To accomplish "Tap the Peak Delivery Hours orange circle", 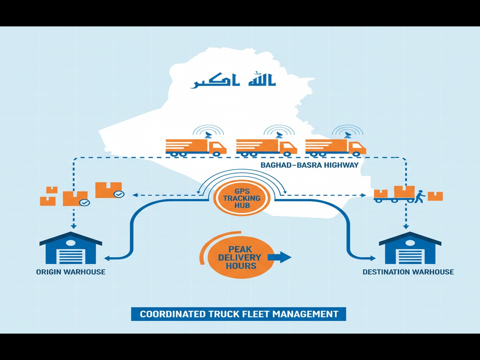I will click(x=239, y=257).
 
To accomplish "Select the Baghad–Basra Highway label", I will click(x=309, y=165).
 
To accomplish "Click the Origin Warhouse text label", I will click(x=71, y=272).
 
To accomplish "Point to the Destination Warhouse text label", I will click(x=408, y=272).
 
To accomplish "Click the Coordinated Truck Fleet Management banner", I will click(x=238, y=314).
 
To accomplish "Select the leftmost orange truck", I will click(x=196, y=147).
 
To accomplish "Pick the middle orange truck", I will click(x=266, y=147).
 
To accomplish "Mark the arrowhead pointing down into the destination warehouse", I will click(x=406, y=226).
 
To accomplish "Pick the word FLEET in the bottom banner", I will click(x=256, y=314).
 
